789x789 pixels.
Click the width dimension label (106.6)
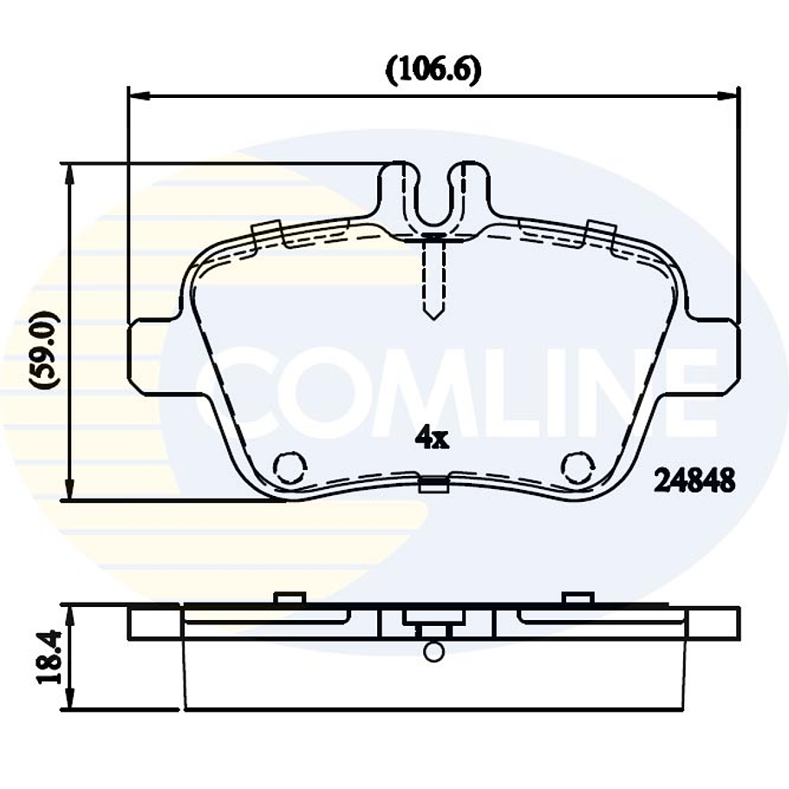(x=433, y=69)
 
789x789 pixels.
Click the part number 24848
(x=694, y=479)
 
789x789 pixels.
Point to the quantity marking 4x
(x=431, y=439)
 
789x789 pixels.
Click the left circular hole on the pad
(x=290, y=468)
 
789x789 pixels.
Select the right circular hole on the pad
(x=577, y=468)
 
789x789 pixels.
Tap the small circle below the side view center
(x=434, y=651)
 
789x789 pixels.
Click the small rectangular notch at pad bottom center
(x=434, y=485)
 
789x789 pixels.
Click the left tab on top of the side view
(x=288, y=598)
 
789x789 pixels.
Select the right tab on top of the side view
(x=577, y=598)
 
